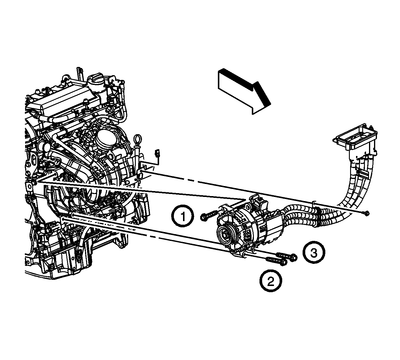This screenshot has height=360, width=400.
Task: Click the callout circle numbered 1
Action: pos(183,216)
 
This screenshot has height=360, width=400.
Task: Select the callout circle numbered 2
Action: pos(271,281)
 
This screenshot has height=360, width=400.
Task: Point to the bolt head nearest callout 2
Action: pos(284,263)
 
